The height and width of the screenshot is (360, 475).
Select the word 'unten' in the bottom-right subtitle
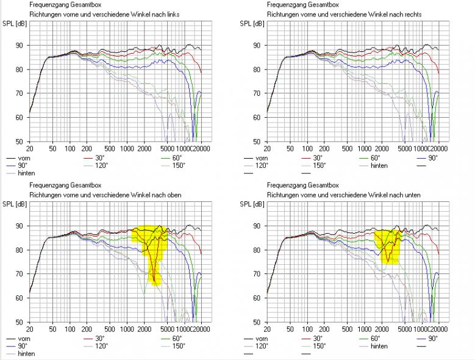[412, 194]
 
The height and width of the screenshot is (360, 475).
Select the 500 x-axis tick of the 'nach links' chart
[110, 149]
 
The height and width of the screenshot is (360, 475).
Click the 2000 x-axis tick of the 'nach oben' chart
[145, 329]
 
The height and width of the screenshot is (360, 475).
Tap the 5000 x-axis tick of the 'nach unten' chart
[405, 329]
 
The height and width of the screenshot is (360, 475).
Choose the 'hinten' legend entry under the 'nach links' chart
[26, 173]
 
